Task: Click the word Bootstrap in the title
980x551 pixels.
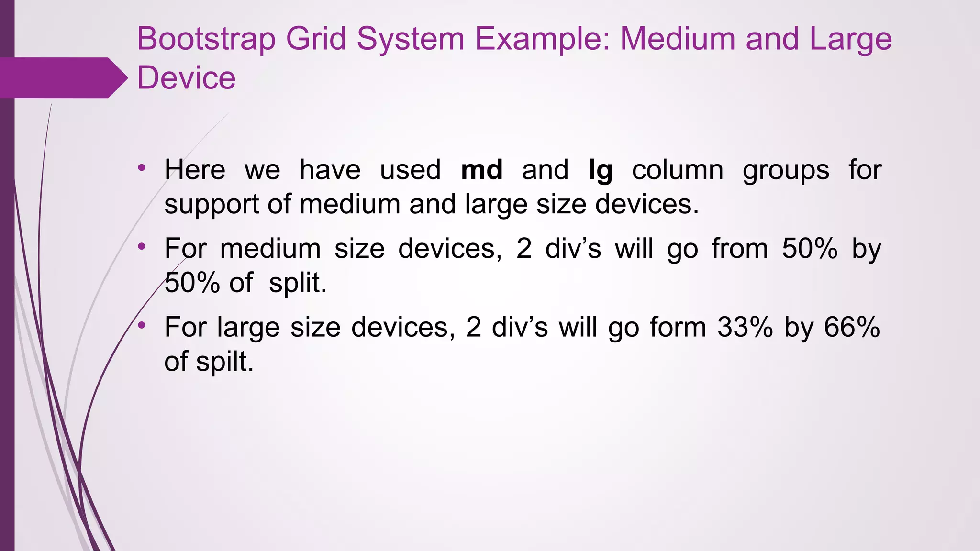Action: pyautogui.click(x=206, y=39)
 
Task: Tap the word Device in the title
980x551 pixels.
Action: pyautogui.click(x=186, y=78)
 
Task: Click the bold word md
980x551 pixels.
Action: pyautogui.click(x=481, y=170)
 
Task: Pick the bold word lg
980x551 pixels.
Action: pyautogui.click(x=601, y=171)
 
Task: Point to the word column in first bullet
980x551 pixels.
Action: pyautogui.click(x=678, y=170)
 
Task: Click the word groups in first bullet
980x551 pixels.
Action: pyautogui.click(x=786, y=171)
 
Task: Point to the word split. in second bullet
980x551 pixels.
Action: pyautogui.click(x=298, y=283)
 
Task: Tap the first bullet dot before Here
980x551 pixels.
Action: pyautogui.click(x=141, y=168)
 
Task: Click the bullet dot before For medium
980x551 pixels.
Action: pyautogui.click(x=141, y=247)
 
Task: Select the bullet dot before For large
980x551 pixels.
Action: pyautogui.click(x=141, y=325)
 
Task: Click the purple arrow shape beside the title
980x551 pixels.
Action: pyautogui.click(x=62, y=77)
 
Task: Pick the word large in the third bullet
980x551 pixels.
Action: pyautogui.click(x=248, y=328)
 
